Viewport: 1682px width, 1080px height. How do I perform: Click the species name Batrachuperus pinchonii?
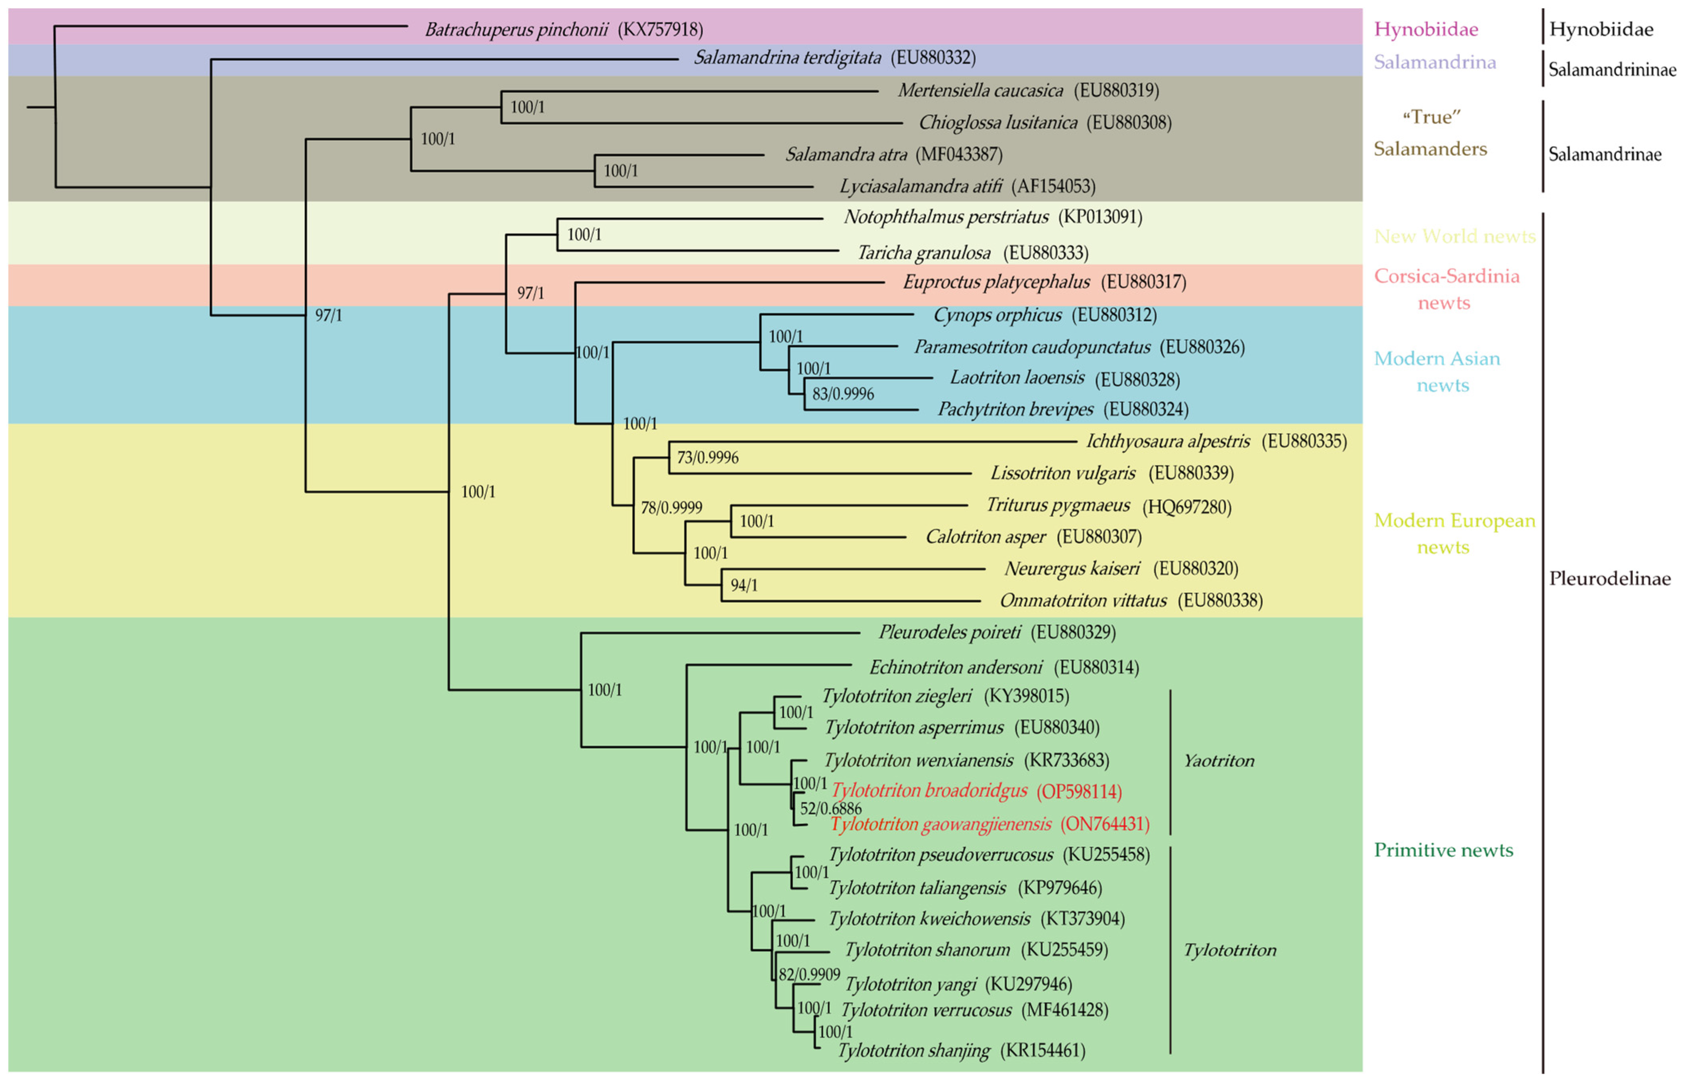516,29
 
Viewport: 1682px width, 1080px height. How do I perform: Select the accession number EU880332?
933,57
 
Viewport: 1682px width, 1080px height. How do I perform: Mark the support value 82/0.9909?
809,974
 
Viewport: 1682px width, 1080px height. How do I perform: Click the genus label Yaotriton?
1218,761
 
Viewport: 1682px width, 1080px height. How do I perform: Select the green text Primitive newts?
1443,850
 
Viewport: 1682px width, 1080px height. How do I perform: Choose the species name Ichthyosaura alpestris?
1167,441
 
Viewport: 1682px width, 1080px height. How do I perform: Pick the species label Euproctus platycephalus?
996,282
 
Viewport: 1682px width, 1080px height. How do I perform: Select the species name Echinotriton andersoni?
955,667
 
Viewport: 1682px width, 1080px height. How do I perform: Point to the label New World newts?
1454,236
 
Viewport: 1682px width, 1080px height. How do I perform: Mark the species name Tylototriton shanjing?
913,1051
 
